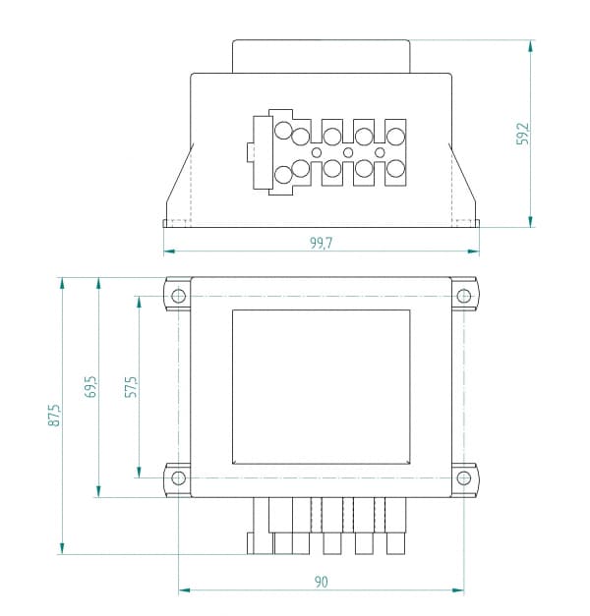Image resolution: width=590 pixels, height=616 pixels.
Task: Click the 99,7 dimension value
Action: point(321,244)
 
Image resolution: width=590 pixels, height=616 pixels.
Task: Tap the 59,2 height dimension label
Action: point(523,134)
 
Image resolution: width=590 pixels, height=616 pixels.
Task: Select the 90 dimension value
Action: point(321,582)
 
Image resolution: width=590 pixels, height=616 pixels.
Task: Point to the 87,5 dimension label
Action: point(54,415)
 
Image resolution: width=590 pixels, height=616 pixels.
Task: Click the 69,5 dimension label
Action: point(90,386)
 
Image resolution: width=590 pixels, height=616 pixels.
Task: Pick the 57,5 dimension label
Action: point(131,386)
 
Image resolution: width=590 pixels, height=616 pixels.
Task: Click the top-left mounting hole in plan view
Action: point(179,296)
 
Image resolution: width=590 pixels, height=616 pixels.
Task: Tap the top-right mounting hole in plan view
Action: point(464,296)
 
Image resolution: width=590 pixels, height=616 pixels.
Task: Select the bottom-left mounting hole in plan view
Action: point(179,477)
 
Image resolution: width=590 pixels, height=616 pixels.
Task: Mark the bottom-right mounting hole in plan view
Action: point(464,477)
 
